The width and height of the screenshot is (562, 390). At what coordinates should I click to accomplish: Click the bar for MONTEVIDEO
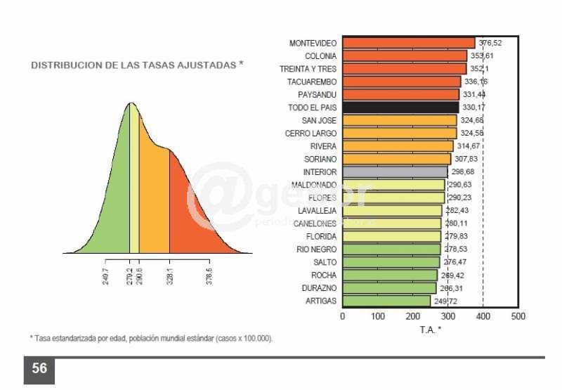pyautogui.click(x=408, y=43)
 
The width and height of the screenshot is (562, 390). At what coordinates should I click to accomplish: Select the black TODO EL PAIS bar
pyautogui.click(x=400, y=108)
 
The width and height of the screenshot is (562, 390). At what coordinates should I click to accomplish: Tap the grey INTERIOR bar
pyautogui.click(x=395, y=172)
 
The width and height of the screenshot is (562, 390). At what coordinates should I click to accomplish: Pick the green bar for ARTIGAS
pyautogui.click(x=386, y=301)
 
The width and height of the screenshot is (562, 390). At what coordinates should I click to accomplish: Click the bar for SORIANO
pyautogui.click(x=397, y=159)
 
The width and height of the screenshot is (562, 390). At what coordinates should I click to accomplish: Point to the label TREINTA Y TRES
pyautogui.click(x=308, y=69)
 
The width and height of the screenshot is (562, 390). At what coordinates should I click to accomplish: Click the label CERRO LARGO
pyautogui.click(x=311, y=134)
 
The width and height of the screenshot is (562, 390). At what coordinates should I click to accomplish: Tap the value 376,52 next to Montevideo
pyautogui.click(x=490, y=43)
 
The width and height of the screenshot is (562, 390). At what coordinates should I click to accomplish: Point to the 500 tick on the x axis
pyautogui.click(x=518, y=317)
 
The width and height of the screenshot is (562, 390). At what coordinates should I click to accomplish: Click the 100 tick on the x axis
pyautogui.click(x=378, y=317)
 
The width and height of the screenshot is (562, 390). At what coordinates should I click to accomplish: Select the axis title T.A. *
pyautogui.click(x=430, y=329)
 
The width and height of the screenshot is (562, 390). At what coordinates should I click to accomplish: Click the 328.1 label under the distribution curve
pyautogui.click(x=169, y=274)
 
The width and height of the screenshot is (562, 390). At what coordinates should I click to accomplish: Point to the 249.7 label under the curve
pyautogui.click(x=105, y=274)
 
